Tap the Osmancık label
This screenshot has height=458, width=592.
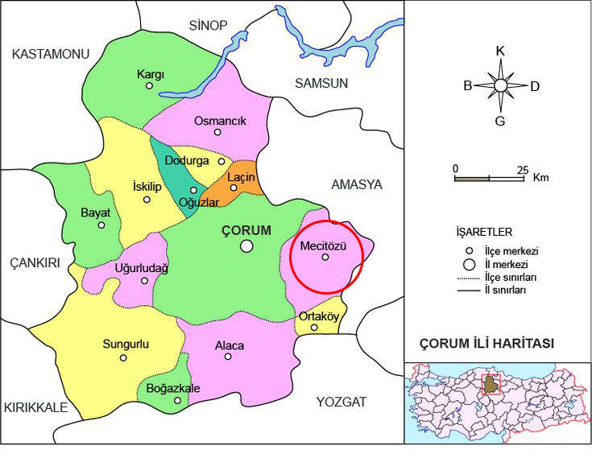pos(220,121)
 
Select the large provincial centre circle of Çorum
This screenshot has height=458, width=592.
pos(246,246)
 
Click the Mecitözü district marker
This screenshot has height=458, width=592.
pos(325,258)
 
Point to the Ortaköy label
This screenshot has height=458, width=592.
pos(318,316)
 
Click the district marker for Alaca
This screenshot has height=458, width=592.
pos(229,357)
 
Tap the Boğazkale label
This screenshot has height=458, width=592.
pos(172,388)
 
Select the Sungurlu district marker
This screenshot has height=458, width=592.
pos(123,357)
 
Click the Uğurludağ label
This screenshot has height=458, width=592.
pos(142,268)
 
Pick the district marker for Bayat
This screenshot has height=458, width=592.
pos(101,225)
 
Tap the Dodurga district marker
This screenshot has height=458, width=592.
pos(221,161)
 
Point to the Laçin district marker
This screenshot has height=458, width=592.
pos(234,188)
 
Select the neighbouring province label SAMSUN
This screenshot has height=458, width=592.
pos(321,83)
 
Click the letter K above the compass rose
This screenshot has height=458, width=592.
pos(500,50)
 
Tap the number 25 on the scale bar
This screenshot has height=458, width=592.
pos(522,169)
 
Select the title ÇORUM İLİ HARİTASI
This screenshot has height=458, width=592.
pos(487,344)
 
